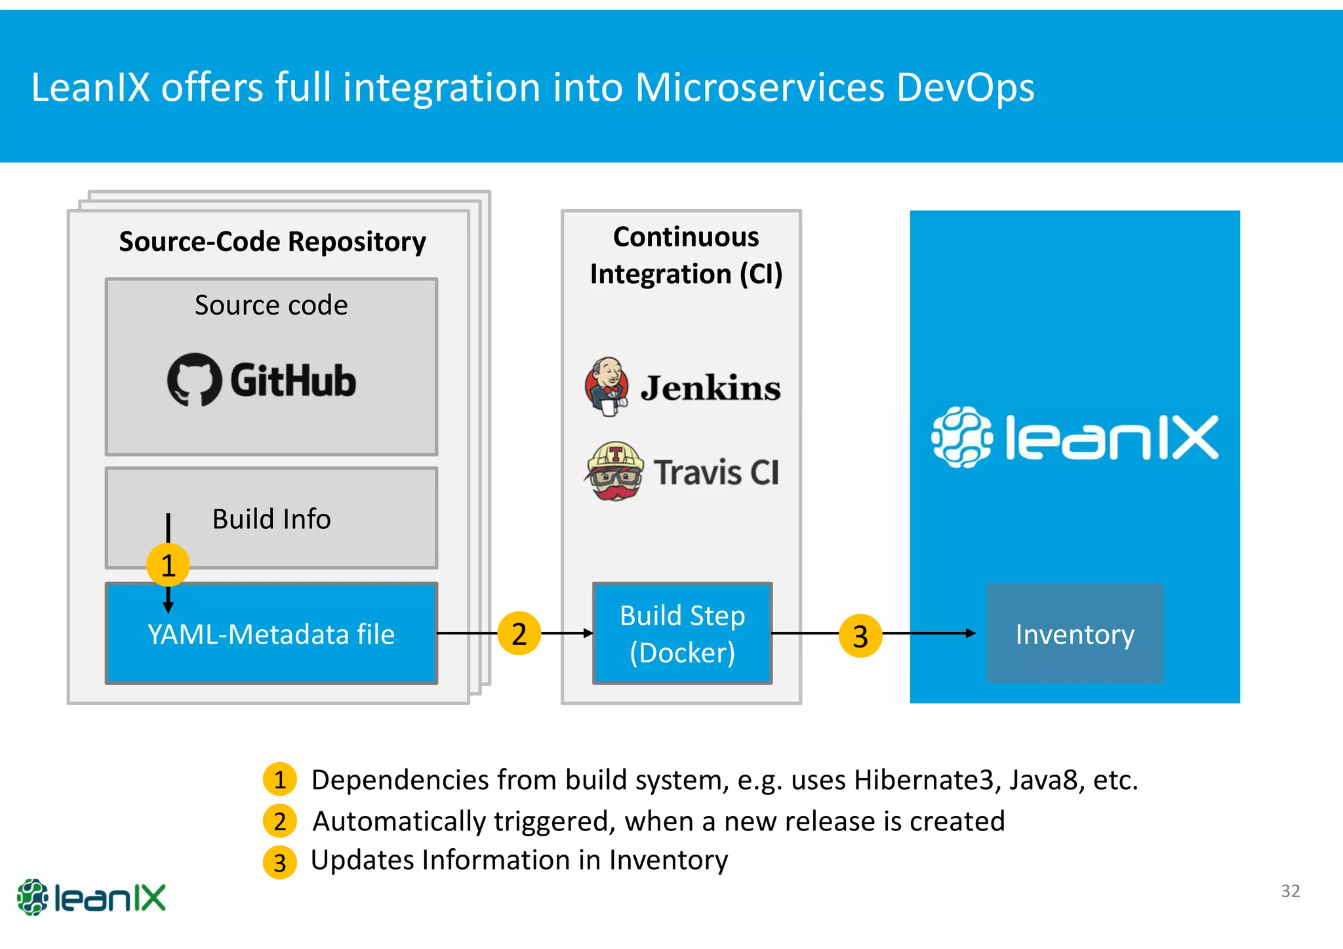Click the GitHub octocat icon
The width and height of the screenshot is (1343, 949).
click(193, 379)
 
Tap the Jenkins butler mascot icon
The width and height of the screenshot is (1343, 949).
click(607, 386)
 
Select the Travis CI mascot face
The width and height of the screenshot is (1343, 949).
click(614, 472)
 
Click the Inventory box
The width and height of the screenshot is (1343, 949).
click(1075, 634)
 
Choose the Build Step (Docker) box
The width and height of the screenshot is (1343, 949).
click(682, 634)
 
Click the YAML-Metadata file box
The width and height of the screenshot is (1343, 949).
click(271, 634)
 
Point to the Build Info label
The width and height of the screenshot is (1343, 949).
click(271, 519)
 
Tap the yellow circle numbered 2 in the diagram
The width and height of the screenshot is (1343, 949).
click(519, 634)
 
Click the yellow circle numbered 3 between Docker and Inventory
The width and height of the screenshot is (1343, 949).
click(860, 636)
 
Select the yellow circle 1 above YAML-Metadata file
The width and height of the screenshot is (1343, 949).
click(168, 565)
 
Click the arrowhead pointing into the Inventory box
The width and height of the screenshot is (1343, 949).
click(971, 633)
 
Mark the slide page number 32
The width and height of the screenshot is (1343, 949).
click(1290, 891)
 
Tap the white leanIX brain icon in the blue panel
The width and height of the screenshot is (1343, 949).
click(962, 437)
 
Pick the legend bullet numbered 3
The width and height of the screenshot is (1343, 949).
click(280, 862)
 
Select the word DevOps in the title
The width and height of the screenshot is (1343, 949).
click(965, 87)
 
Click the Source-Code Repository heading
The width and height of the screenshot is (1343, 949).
click(272, 242)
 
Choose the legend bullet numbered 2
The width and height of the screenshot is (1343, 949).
click(280, 821)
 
